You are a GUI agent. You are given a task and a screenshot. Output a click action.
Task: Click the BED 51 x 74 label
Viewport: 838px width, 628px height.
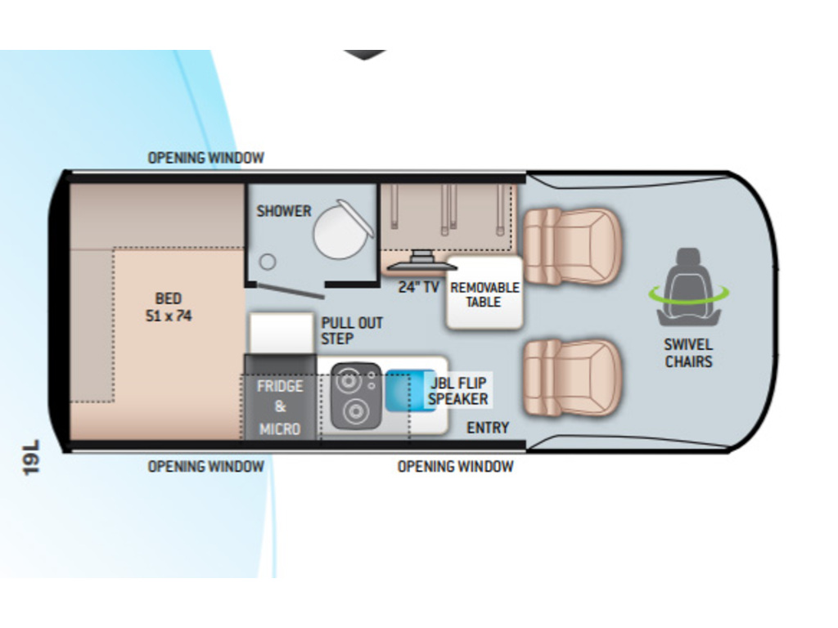(168, 307)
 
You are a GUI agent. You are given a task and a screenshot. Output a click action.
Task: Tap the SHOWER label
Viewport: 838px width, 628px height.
(284, 211)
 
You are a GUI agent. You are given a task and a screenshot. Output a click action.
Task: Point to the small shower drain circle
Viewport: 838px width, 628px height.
(268, 262)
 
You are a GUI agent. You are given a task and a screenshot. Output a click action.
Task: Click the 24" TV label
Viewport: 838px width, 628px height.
(419, 287)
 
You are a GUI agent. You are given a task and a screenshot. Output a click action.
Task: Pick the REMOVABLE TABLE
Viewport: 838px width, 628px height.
(484, 294)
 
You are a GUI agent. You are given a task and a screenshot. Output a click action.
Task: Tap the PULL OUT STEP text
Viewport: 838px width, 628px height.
(352, 330)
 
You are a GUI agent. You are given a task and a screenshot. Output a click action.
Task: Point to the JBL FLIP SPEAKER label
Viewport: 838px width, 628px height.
(458, 390)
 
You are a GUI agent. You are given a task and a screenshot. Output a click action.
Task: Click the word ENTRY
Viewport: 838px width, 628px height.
(488, 428)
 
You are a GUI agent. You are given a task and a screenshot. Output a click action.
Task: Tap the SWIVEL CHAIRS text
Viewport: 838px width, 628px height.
(688, 353)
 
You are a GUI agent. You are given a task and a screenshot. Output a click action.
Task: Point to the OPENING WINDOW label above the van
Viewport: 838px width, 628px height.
(206, 158)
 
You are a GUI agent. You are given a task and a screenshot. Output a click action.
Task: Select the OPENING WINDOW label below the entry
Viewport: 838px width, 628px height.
(455, 467)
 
